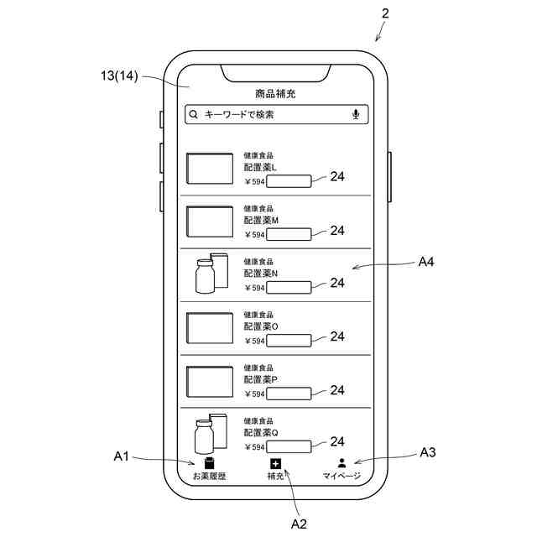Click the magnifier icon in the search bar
194,114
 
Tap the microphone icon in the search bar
357,114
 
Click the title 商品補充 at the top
276,93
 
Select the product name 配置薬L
260,167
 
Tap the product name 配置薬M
261,220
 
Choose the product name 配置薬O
261,326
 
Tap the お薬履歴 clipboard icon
209,462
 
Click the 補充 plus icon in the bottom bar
275,463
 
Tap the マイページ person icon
341,462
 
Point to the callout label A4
427,262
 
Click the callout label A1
121,456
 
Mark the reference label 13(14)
117,76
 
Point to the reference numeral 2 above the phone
384,13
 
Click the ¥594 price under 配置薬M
254,234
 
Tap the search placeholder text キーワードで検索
239,114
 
